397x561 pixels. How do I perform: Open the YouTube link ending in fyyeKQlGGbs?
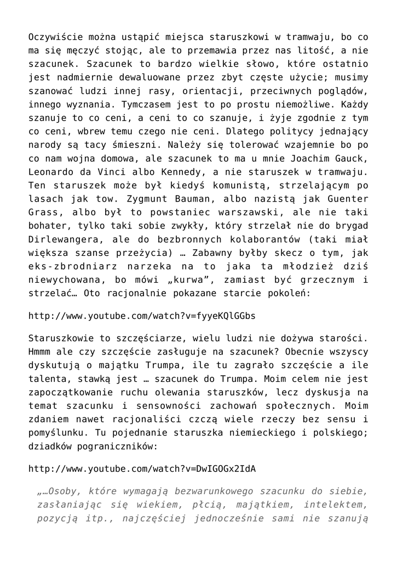tap(142, 317)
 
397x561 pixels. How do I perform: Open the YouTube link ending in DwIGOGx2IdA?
tap(142, 469)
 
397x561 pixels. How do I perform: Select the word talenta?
tap(46, 377)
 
